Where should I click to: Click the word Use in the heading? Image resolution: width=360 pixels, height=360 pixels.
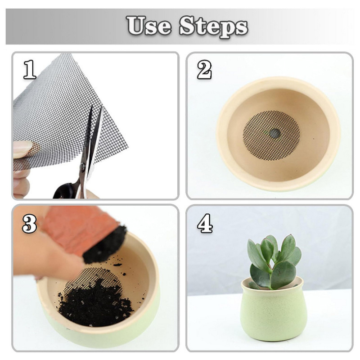149,25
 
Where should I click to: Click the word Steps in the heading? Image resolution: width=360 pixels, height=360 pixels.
213,27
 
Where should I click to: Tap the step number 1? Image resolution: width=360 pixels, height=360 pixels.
30,70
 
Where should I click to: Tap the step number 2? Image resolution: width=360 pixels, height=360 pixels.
204,70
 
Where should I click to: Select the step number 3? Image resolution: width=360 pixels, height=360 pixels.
29,223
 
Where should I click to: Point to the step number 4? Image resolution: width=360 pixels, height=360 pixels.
205,223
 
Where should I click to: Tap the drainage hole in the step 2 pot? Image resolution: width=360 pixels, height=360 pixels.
274,133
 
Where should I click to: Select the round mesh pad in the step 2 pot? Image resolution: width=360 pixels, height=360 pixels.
272,136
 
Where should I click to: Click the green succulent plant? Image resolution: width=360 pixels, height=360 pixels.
274,262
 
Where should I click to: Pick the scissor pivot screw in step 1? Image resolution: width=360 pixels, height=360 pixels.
82,167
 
